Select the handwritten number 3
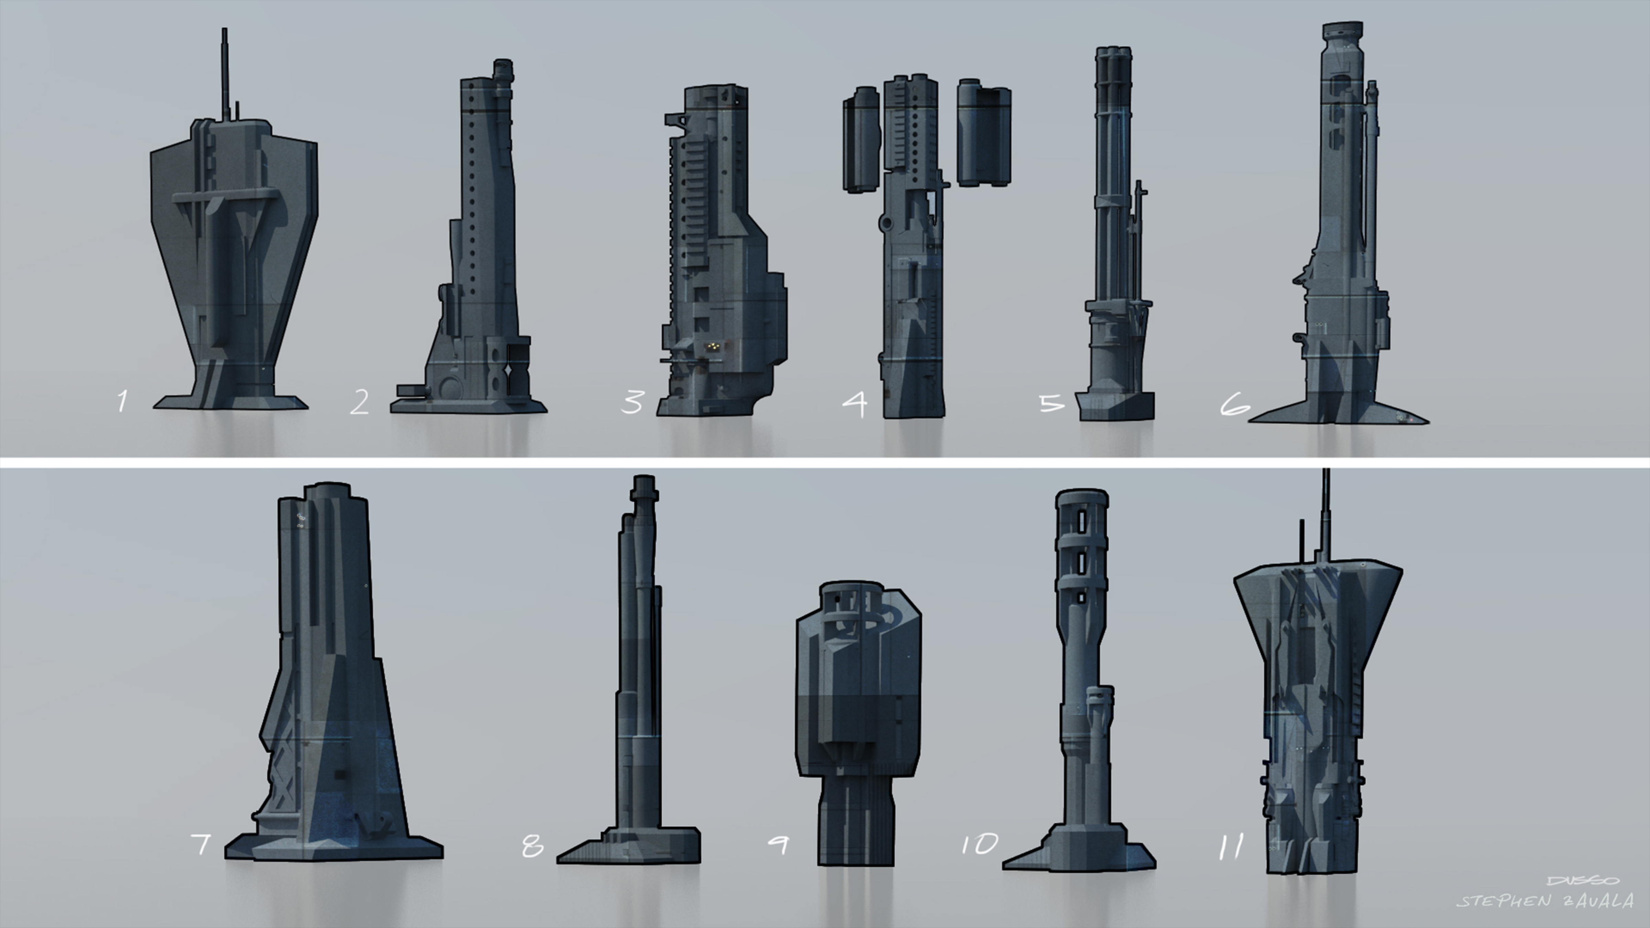point(632,402)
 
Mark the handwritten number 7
point(201,844)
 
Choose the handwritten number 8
point(532,846)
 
